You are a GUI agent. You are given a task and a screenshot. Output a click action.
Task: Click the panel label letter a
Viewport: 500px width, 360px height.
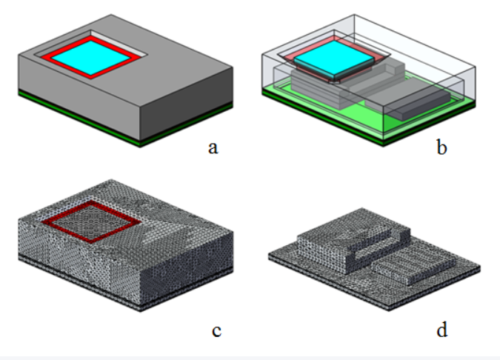click(213, 148)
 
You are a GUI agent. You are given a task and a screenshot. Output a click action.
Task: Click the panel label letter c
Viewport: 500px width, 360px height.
click(216, 330)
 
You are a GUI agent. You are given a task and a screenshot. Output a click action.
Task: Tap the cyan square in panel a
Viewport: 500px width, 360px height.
click(91, 58)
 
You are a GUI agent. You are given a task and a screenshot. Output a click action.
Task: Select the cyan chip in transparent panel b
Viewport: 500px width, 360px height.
click(334, 59)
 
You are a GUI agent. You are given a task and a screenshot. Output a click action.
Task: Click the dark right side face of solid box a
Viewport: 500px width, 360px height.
click(187, 104)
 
